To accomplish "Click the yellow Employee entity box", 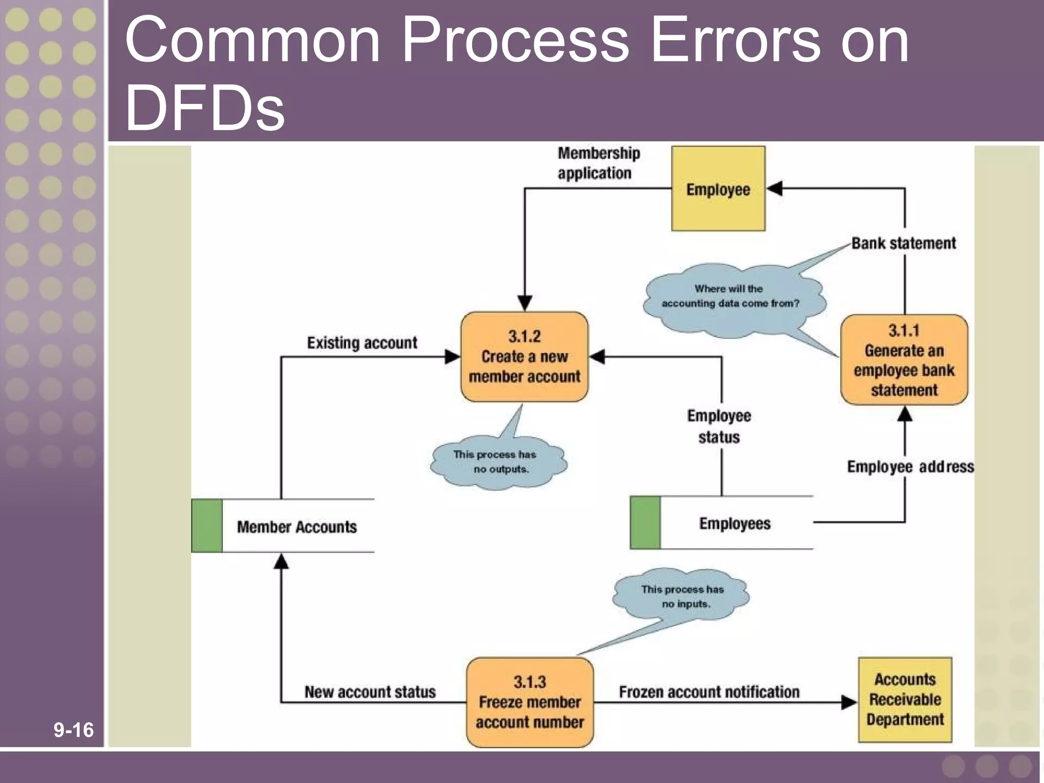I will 718,189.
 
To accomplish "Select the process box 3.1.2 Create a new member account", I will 524,357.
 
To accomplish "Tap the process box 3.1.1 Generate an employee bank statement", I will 904,360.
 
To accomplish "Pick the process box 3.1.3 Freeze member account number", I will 530,702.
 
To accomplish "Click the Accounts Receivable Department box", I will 905,699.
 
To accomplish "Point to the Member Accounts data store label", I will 297,527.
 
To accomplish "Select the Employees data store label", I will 735,524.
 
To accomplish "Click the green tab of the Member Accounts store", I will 207,526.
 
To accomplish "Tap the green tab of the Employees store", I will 645,523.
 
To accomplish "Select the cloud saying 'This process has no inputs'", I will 682,596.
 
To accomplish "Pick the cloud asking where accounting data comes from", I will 730,297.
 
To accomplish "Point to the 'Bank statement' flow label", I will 903,243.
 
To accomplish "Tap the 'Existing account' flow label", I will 362,343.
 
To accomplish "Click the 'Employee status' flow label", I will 719,426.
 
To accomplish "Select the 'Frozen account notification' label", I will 709,692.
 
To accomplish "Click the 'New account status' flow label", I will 370,692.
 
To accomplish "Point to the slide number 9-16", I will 73,730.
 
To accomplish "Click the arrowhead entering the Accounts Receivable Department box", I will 849,702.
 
